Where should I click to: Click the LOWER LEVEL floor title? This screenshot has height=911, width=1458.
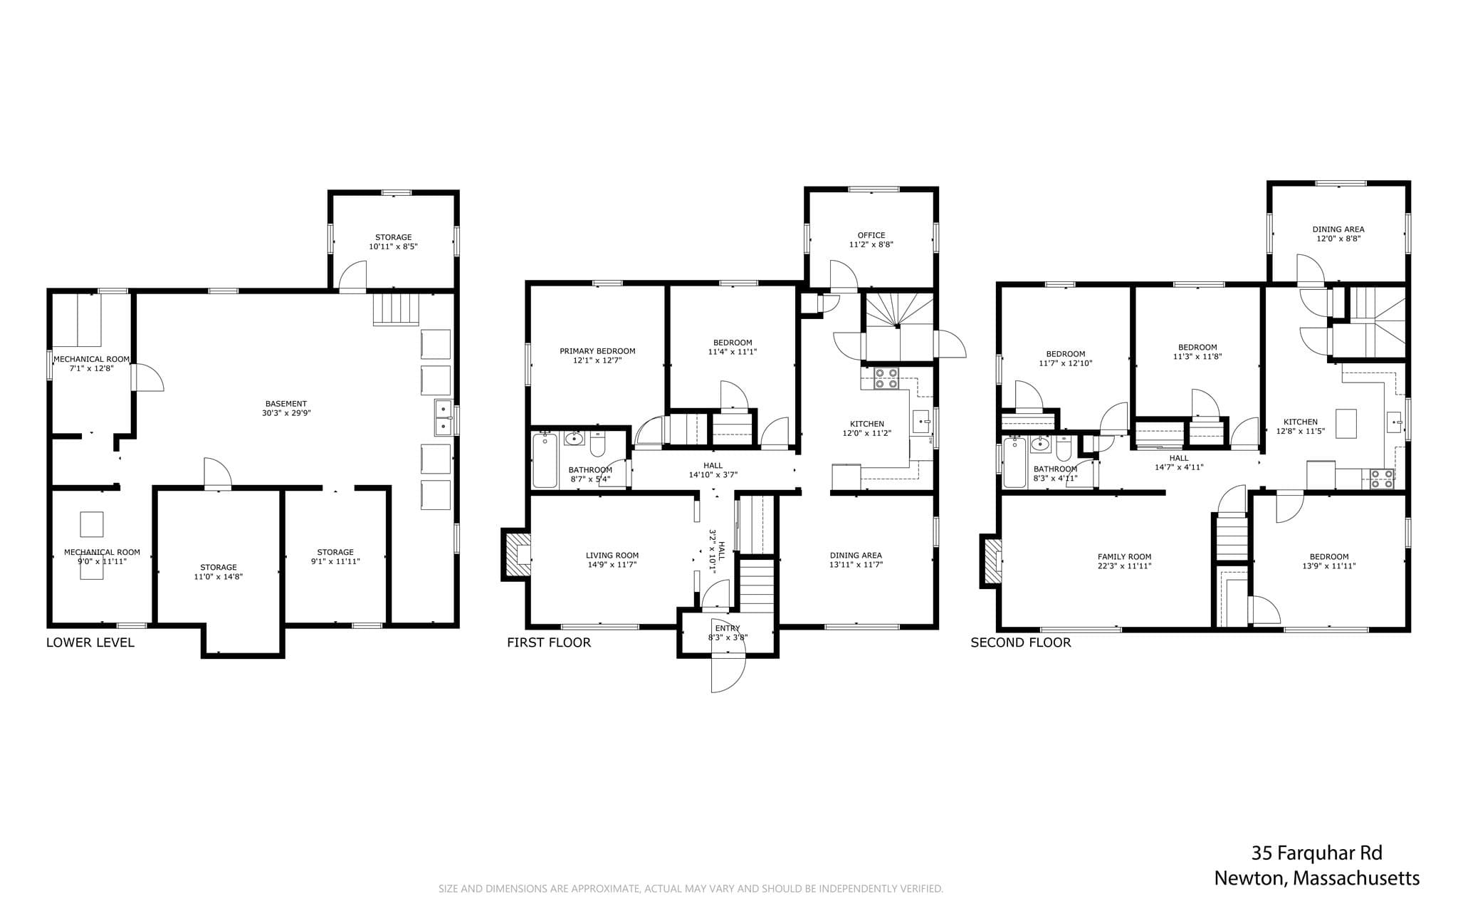(90, 642)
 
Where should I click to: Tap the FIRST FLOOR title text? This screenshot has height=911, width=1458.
(549, 642)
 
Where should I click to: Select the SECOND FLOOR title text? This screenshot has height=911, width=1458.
(1021, 642)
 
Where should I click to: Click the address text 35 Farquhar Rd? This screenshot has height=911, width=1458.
(1317, 853)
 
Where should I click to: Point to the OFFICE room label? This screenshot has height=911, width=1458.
(871, 235)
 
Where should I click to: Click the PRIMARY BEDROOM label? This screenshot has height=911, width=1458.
(597, 351)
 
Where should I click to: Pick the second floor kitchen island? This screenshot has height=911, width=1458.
(1346, 423)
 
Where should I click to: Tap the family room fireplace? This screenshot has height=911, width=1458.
(991, 561)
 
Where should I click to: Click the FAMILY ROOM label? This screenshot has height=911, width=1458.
(1125, 557)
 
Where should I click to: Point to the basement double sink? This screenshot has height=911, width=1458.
(444, 417)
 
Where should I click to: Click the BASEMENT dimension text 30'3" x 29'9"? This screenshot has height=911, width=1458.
(286, 413)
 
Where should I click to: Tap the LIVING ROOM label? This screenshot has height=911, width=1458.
(612, 556)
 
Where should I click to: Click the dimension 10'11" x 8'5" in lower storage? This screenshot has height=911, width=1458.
(393, 246)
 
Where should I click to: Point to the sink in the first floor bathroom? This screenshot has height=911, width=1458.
(575, 438)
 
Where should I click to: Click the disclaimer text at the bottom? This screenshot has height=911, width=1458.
(691, 889)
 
